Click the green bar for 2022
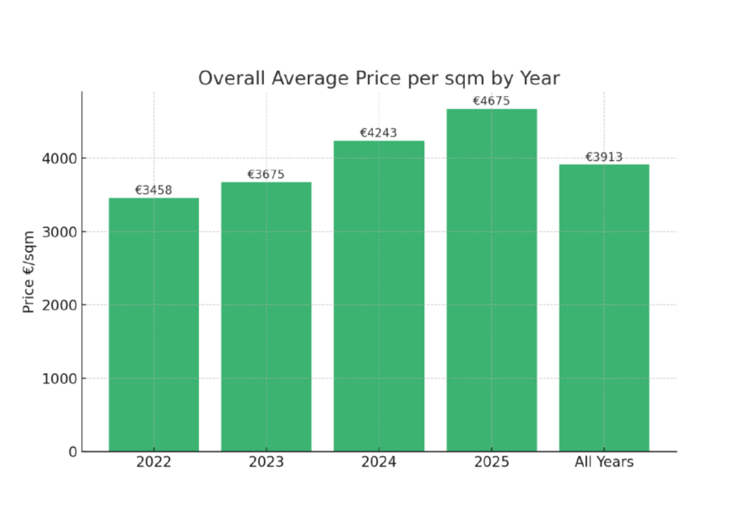154,325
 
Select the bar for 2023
266,317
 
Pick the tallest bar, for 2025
491,280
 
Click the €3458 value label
154,191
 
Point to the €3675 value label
266,175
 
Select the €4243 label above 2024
378,133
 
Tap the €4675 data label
491,101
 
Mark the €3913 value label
604,157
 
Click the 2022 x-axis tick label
154,462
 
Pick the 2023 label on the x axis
266,462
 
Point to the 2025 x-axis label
491,462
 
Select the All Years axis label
604,462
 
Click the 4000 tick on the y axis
60,158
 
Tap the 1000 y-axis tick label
60,378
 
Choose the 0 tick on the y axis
72,451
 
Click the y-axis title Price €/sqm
29,272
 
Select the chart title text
379,79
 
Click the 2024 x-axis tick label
379,462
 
